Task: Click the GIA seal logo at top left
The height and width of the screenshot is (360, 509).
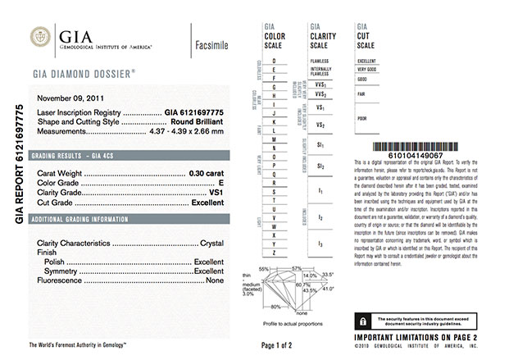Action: click(x=40, y=38)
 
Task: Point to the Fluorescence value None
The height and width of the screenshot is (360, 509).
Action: click(x=215, y=280)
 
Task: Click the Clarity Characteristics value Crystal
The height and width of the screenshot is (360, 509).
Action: click(x=211, y=244)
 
